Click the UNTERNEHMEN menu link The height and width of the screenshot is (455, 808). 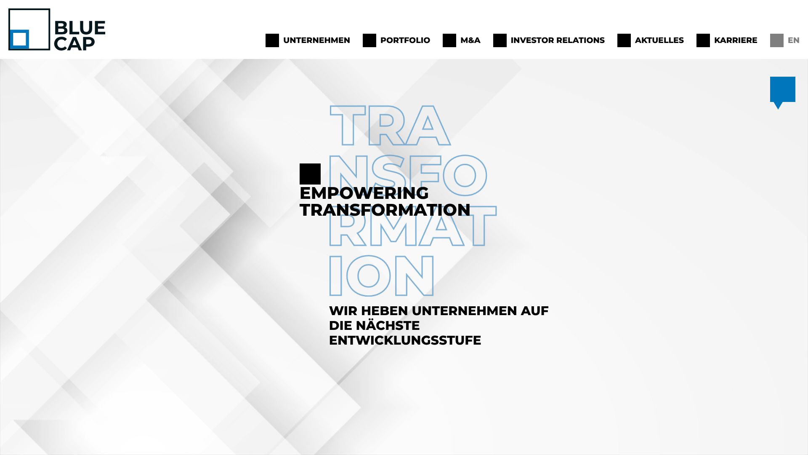(x=316, y=40)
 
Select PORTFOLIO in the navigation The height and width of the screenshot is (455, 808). (x=405, y=40)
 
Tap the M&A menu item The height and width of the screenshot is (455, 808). (x=470, y=40)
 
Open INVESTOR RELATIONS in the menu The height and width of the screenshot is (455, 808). (x=558, y=40)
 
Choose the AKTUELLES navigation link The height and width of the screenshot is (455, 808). (x=659, y=40)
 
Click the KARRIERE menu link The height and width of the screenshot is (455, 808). (x=736, y=40)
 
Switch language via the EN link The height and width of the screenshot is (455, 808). (x=793, y=40)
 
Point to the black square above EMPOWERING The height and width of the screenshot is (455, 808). (x=310, y=174)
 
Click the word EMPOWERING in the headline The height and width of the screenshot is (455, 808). (x=364, y=193)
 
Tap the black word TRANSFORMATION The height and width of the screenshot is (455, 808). (x=385, y=210)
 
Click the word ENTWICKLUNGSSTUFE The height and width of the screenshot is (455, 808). (x=405, y=340)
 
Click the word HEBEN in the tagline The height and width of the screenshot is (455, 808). (x=384, y=311)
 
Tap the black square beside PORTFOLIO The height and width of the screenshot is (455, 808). (x=369, y=40)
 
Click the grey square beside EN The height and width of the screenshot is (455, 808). (x=777, y=40)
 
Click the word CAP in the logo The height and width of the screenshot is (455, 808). (x=74, y=44)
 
